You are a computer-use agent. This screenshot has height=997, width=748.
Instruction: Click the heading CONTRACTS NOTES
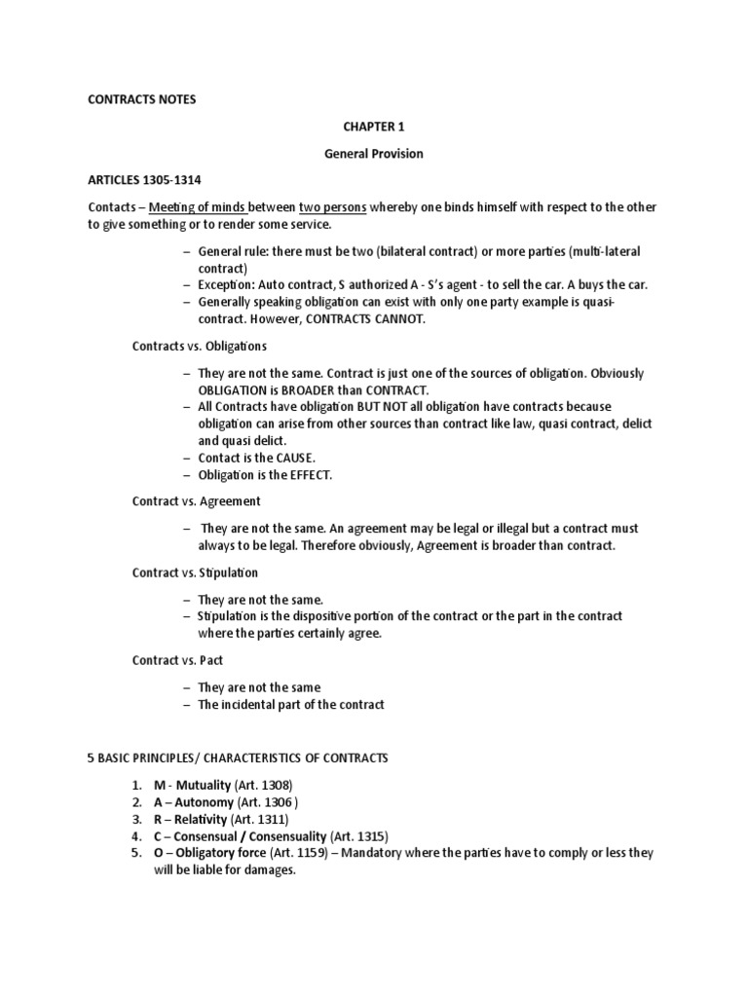[142, 100]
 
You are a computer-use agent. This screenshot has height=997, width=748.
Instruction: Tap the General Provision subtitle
[374, 154]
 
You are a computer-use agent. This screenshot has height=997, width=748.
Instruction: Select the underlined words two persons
[331, 207]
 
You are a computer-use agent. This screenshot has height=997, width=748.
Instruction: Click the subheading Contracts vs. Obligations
[200, 346]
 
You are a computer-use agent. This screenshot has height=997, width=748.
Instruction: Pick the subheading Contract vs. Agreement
[197, 501]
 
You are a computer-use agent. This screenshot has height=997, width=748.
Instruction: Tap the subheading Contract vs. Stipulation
[196, 572]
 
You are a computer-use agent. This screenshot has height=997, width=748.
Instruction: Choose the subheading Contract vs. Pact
[178, 660]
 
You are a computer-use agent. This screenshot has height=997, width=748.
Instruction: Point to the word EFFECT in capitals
[307, 474]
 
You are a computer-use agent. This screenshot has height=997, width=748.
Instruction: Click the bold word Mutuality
[199, 785]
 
